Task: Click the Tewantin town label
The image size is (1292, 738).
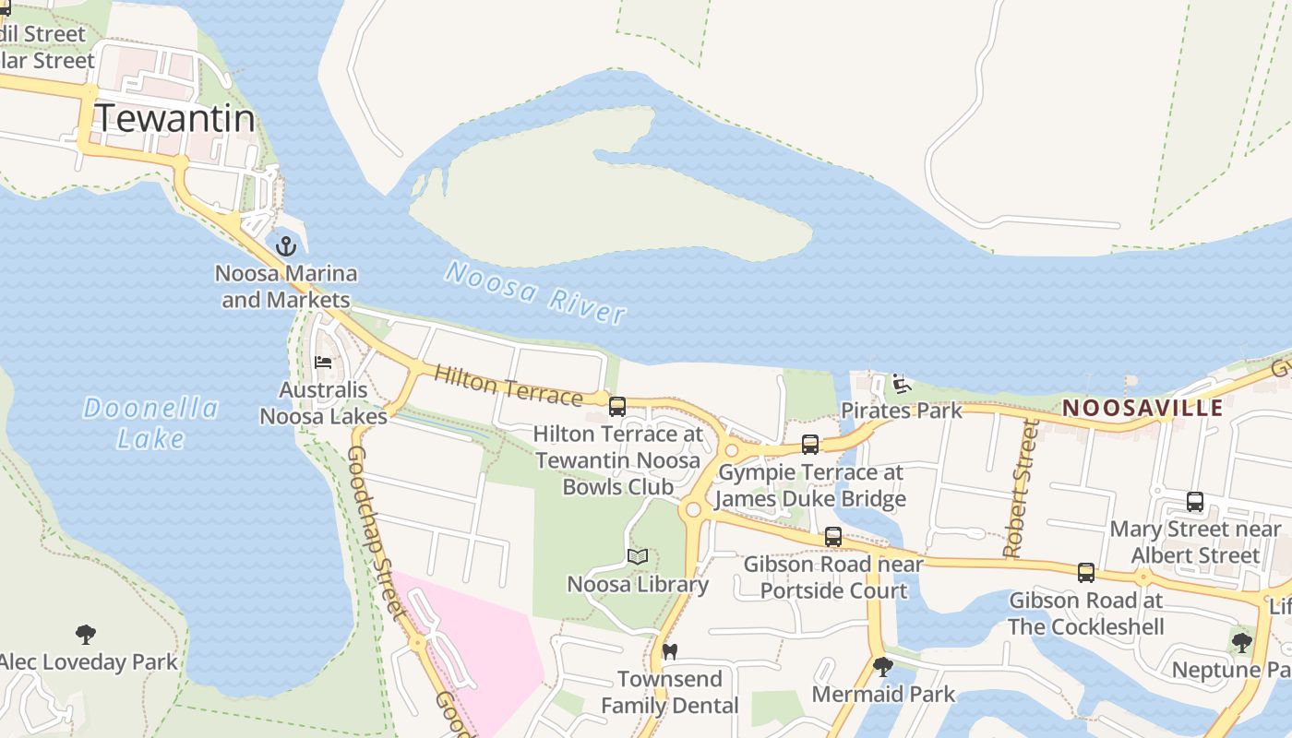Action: point(174,118)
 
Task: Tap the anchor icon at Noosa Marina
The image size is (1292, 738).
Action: point(286,246)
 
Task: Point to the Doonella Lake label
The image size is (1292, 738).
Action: point(150,423)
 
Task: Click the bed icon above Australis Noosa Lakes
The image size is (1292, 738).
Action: point(323,362)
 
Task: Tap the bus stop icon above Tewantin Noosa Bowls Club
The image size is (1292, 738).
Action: point(617,406)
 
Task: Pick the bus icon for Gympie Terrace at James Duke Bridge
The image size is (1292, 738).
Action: point(810,445)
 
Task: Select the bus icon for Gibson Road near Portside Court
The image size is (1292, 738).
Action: point(833,537)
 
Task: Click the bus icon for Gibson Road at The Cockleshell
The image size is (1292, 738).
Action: point(1086,573)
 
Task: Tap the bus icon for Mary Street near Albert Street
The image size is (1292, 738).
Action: point(1195,503)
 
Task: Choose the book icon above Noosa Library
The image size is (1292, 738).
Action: point(638,556)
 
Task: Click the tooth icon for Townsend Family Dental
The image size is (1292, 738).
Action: point(670,651)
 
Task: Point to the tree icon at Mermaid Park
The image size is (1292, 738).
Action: point(883,666)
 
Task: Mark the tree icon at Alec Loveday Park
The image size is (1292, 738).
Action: point(86,635)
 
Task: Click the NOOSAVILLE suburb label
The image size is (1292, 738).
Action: point(1142,408)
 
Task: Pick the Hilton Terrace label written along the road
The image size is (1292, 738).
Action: point(508,386)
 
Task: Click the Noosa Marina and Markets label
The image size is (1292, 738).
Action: point(286,287)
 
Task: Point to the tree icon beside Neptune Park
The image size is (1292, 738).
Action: point(1242,642)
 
